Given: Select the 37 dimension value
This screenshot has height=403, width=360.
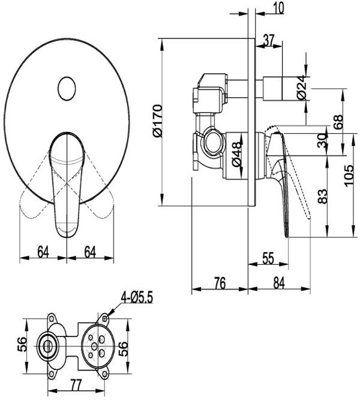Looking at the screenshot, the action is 269,40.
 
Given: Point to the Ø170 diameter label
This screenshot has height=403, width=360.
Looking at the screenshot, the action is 157,121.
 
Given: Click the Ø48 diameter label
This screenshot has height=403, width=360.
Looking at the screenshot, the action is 236,153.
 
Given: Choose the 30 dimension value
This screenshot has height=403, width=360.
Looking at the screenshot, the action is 323,141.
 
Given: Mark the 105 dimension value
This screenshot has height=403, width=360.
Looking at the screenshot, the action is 349,176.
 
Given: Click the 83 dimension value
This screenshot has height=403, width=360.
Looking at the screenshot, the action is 323,196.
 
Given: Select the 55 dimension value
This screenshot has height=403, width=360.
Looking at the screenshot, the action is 268,258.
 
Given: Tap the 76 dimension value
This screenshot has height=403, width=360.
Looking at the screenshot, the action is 220,283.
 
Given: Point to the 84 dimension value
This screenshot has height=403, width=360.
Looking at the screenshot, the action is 279,283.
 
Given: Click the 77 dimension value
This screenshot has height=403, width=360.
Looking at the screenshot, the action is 76,385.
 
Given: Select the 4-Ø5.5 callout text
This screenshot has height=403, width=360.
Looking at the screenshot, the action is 137,298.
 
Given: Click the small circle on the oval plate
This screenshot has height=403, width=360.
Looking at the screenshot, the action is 67,89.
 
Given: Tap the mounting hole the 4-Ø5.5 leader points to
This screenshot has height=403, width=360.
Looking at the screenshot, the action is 104,319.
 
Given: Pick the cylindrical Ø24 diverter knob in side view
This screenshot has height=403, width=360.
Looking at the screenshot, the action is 273,88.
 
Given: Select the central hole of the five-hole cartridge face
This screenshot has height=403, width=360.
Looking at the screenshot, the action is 94,347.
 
